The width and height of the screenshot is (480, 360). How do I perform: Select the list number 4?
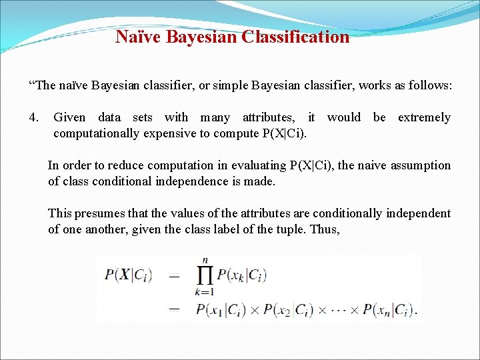tap(34, 118)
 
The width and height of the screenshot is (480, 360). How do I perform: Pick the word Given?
tap(69, 118)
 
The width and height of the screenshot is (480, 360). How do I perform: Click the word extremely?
tap(424, 118)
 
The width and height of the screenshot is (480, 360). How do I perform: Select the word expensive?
tap(171, 133)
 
